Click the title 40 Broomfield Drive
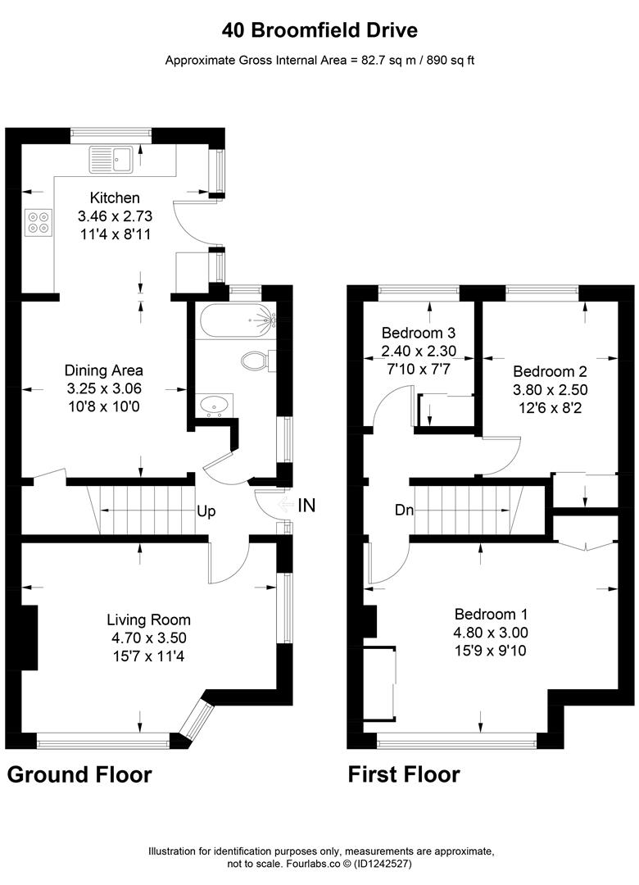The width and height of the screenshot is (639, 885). [319, 30]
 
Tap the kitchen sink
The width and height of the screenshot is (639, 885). [112, 158]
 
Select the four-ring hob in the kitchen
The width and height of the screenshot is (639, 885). [38, 223]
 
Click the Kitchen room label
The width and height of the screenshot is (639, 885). [115, 197]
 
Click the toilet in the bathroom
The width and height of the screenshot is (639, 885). [256, 361]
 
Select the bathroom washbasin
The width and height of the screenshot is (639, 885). [215, 404]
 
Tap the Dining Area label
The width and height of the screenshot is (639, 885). [103, 370]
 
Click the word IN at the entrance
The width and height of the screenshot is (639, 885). [306, 505]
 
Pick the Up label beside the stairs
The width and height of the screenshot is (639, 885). [206, 511]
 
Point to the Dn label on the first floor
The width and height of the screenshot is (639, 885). [404, 510]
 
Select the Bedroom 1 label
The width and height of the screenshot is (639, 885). [492, 614]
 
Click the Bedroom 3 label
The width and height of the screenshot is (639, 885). [419, 334]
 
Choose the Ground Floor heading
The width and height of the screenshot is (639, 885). [79, 774]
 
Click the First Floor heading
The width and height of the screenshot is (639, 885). [404, 774]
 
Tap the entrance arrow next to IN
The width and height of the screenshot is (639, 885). [286, 505]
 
